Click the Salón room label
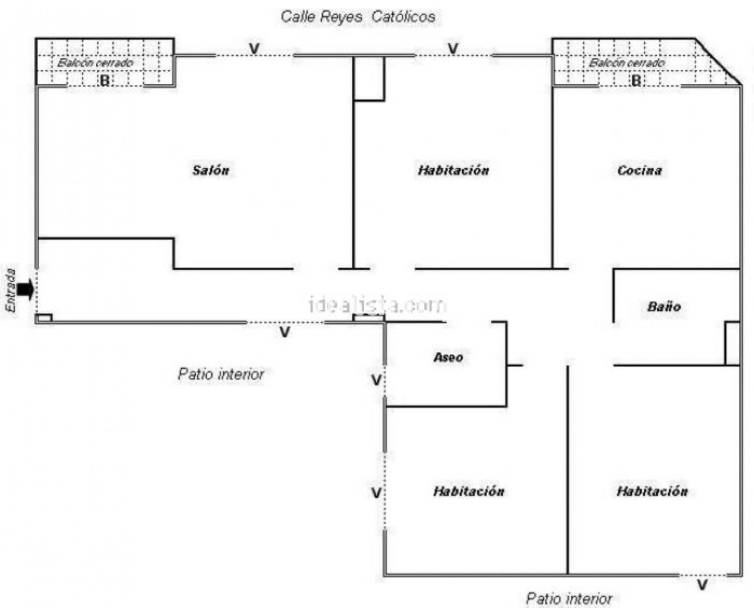click(211, 170)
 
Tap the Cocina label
click(640, 170)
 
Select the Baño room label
click(664, 307)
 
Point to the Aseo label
click(449, 357)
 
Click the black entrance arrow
click(25, 290)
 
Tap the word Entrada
click(11, 290)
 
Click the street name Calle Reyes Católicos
click(358, 16)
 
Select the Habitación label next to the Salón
click(454, 170)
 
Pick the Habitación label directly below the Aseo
click(468, 491)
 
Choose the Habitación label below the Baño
click(652, 491)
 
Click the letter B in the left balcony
click(104, 81)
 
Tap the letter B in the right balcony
click(636, 81)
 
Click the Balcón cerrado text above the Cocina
click(627, 62)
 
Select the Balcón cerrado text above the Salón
click(95, 62)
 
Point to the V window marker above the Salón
click(255, 49)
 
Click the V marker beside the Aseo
click(376, 381)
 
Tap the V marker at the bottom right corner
click(702, 585)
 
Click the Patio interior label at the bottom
click(569, 598)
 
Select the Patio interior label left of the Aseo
click(221, 374)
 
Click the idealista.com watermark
click(378, 305)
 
